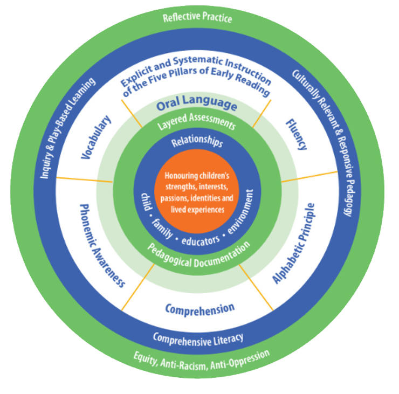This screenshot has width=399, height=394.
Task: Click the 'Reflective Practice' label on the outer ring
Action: point(197,18)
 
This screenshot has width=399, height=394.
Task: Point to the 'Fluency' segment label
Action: point(297,134)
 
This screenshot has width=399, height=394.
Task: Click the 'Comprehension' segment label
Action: point(200,309)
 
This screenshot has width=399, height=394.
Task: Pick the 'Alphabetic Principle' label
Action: point(294,243)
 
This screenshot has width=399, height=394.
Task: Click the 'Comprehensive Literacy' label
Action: point(198,338)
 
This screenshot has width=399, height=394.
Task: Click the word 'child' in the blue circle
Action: point(144,198)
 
